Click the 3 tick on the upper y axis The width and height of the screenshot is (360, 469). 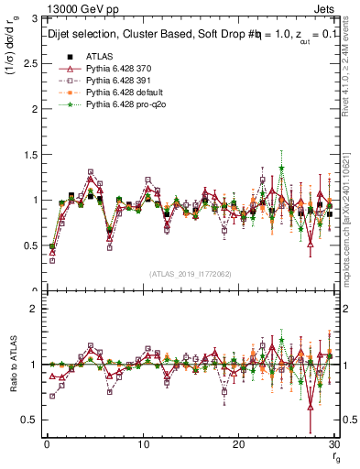[32, 17]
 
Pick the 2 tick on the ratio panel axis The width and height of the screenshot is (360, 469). [32, 309]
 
